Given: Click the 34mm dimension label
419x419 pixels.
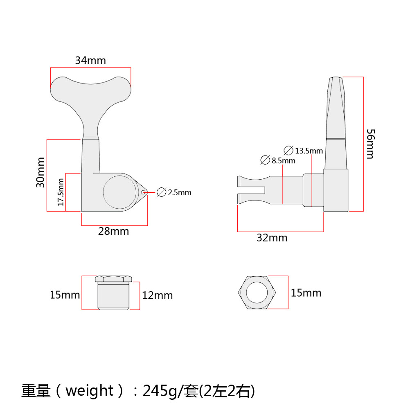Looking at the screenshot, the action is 90,61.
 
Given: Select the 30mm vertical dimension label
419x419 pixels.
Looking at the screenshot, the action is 41,172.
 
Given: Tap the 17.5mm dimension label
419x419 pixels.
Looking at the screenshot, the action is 61,192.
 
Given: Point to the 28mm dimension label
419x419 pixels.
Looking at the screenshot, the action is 114,232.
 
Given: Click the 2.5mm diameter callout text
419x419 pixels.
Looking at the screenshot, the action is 180,193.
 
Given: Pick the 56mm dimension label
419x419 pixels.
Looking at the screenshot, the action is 371,144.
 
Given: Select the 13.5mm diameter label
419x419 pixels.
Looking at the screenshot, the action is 309,151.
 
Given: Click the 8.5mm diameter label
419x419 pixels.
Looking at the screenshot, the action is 284,161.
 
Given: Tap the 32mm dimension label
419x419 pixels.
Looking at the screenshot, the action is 272,238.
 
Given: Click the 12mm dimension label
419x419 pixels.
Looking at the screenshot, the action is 158,295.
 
